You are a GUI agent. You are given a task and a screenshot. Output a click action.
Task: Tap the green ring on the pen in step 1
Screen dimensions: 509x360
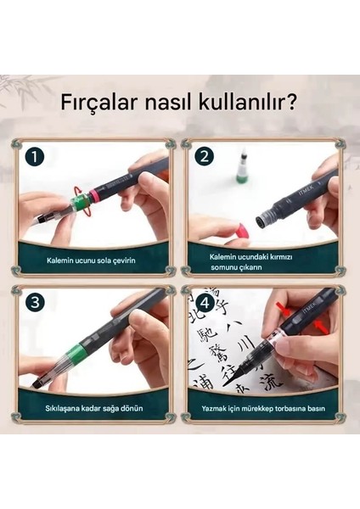[x=80, y=204]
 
